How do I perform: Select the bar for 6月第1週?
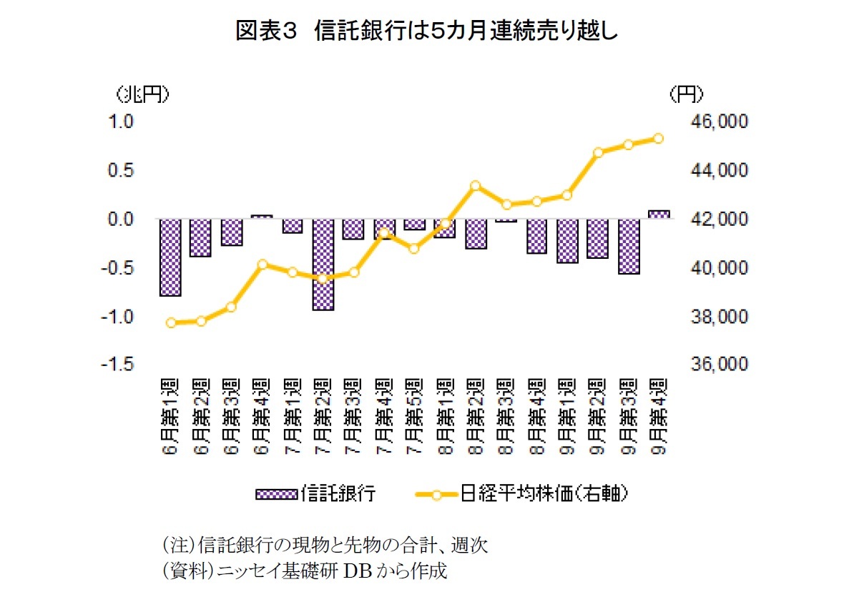tap(170, 257)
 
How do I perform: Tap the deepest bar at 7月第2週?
tap(323, 264)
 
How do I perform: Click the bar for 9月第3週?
tap(629, 246)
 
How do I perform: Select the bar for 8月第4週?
tap(536, 236)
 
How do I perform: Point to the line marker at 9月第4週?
tap(659, 139)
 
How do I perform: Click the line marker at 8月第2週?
tap(476, 185)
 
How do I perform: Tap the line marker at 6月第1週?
tap(170, 322)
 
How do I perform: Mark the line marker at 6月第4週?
tap(262, 265)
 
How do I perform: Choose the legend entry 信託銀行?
tap(315, 493)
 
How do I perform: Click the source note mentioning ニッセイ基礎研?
tap(305, 572)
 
